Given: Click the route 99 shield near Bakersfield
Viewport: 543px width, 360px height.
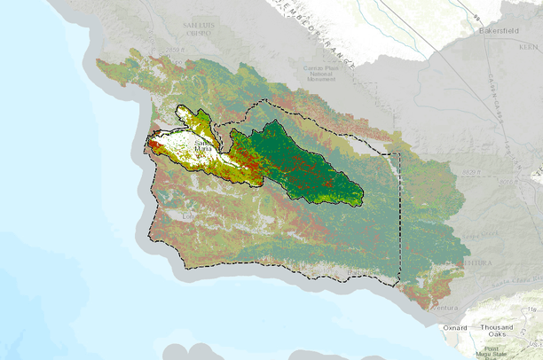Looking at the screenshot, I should (x=477, y=18).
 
